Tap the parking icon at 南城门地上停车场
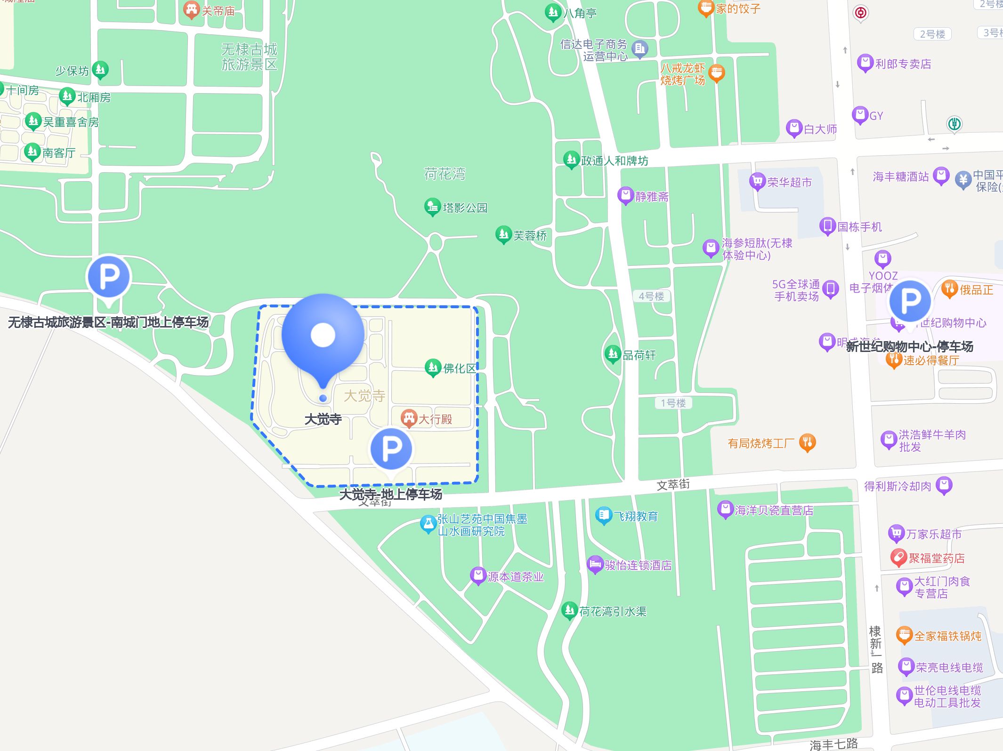109,277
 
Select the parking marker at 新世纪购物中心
910,300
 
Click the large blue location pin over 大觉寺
323,335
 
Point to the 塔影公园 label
465,208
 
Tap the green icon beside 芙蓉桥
503,234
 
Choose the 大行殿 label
435,419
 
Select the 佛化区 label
460,368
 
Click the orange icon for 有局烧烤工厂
808,442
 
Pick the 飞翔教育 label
635,516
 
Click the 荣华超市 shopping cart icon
757,181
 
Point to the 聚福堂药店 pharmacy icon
898,558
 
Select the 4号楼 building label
651,296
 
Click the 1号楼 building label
673,403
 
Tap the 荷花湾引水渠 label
613,611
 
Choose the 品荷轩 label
639,355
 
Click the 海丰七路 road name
833,744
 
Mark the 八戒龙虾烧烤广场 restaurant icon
716,73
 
